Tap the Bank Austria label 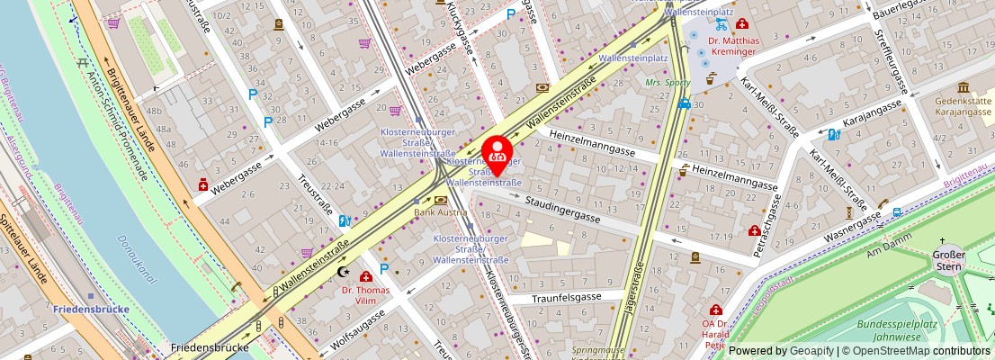coord(439,212)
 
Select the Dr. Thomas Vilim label coord(366,296)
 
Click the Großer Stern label coord(949,260)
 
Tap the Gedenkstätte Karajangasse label coord(964,108)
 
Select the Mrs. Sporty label coord(668,83)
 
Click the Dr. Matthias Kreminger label coord(733,46)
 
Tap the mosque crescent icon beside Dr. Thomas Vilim coord(341,271)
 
